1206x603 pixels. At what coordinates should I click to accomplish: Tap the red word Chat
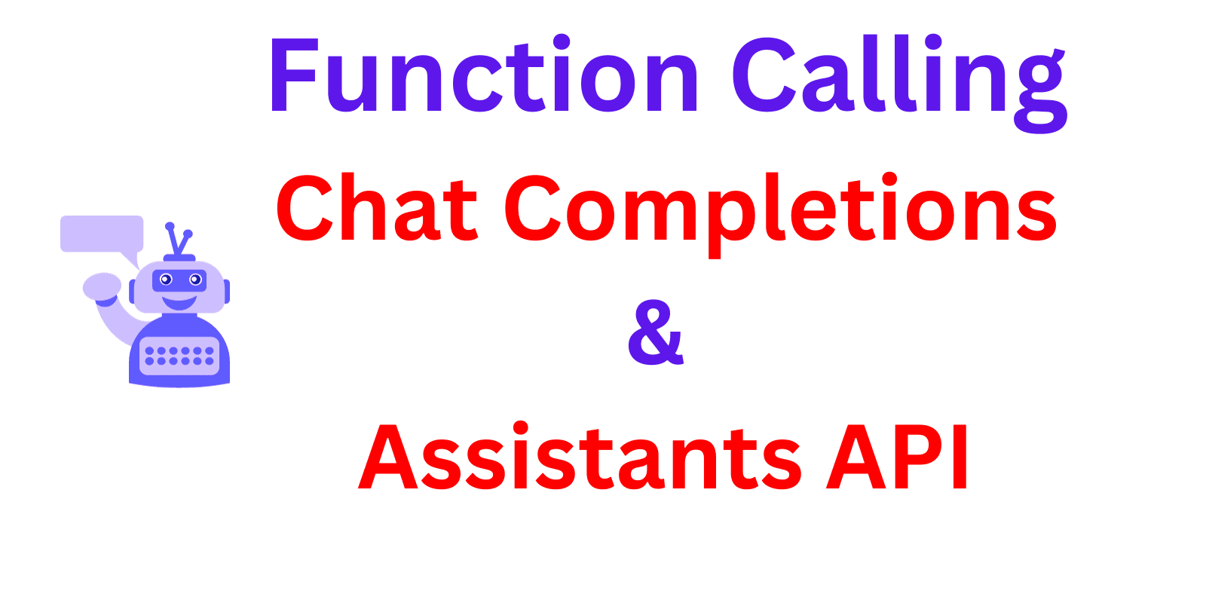pyautogui.click(x=377, y=207)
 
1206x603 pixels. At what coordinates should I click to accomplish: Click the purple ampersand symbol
pyautogui.click(x=655, y=332)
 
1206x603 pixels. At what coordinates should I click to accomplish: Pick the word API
pyautogui.click(x=897, y=458)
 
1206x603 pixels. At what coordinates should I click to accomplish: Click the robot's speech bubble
pyautogui.click(x=102, y=234)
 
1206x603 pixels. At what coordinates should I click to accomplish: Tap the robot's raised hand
pyautogui.click(x=102, y=286)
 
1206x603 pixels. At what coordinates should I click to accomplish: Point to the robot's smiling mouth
pyautogui.click(x=179, y=303)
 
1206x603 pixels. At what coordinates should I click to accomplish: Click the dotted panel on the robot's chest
pyautogui.click(x=179, y=356)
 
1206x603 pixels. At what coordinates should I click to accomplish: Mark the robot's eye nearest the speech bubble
pyautogui.click(x=166, y=280)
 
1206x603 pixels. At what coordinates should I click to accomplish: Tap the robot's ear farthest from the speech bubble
pyautogui.click(x=226, y=291)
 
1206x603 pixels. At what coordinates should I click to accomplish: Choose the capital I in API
pyautogui.click(x=960, y=458)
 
